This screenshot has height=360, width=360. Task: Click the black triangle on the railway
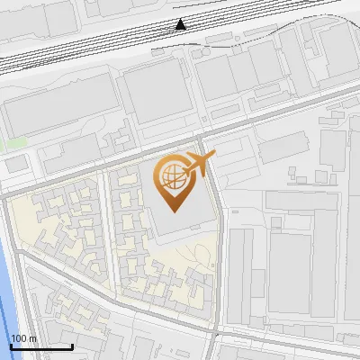181,24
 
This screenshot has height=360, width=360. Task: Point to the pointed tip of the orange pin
173,211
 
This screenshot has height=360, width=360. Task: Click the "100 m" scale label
23,337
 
